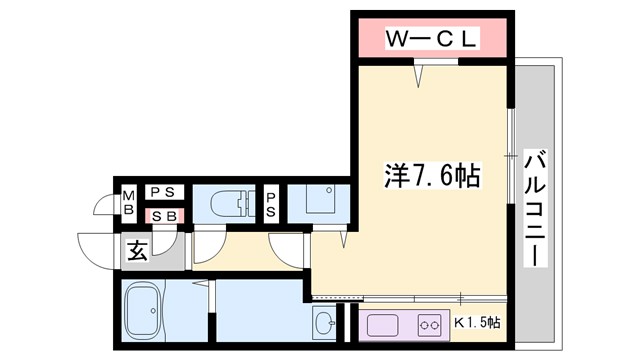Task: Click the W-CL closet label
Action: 433,39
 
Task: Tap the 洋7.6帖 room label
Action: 432,177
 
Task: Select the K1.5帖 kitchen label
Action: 478,323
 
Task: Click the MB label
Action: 129,203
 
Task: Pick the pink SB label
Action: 163,215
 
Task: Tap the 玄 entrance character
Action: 137,251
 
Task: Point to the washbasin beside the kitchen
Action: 325,323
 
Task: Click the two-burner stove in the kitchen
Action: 431,324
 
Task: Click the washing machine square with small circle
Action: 321,200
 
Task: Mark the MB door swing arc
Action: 103,204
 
